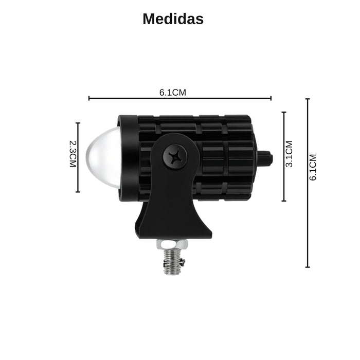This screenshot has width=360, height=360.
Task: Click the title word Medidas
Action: pyautogui.click(x=173, y=19)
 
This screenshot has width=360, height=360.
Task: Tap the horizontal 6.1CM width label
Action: pyautogui.click(x=172, y=93)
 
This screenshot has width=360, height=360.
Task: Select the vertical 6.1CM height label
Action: pyautogui.click(x=313, y=167)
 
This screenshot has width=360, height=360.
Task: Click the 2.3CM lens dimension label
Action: pyautogui.click(x=73, y=154)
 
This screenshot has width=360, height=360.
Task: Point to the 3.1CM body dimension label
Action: pyautogui.click(x=289, y=154)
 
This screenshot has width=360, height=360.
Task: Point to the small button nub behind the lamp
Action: pyautogui.click(x=264, y=157)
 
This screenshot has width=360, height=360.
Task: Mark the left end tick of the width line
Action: pyautogui.click(x=89, y=98)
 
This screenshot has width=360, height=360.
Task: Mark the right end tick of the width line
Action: pyautogui.click(x=271, y=98)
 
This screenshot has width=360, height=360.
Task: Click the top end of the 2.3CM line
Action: pyautogui.click(x=78, y=123)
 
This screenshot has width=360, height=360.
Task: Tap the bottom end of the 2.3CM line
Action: pyautogui.click(x=78, y=192)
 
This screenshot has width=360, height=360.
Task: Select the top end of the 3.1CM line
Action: pyautogui.click(x=283, y=112)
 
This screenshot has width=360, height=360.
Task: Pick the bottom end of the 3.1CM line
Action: pyautogui.click(x=283, y=201)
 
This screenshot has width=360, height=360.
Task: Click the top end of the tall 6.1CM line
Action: pyautogui.click(x=308, y=99)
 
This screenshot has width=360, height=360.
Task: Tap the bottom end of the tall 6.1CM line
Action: pyautogui.click(x=308, y=267)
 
